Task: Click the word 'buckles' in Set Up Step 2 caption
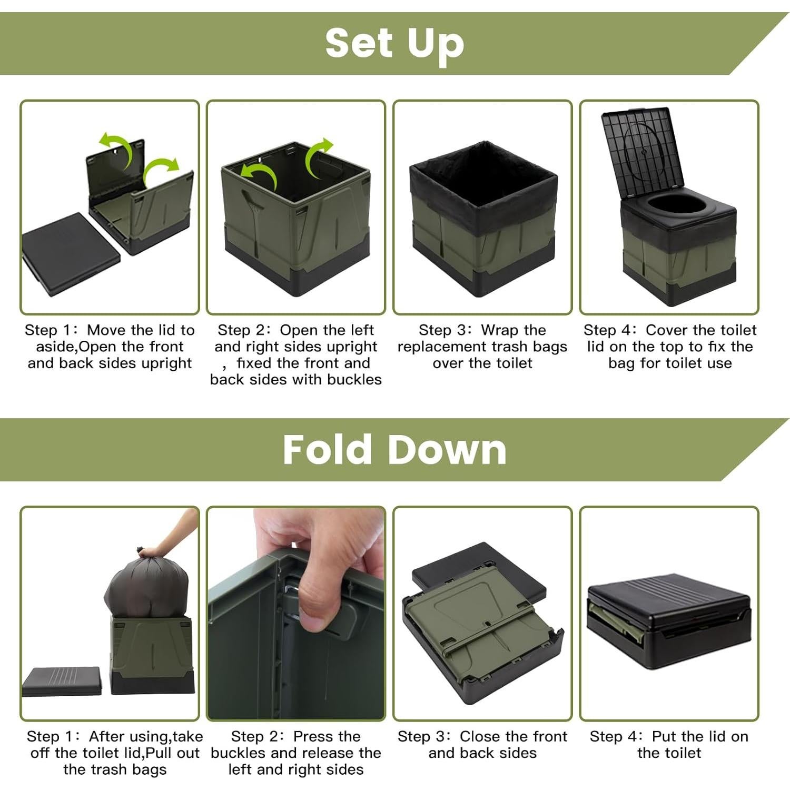354,379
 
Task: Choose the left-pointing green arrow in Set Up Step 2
259,175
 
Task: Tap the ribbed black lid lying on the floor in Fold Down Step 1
61,682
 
